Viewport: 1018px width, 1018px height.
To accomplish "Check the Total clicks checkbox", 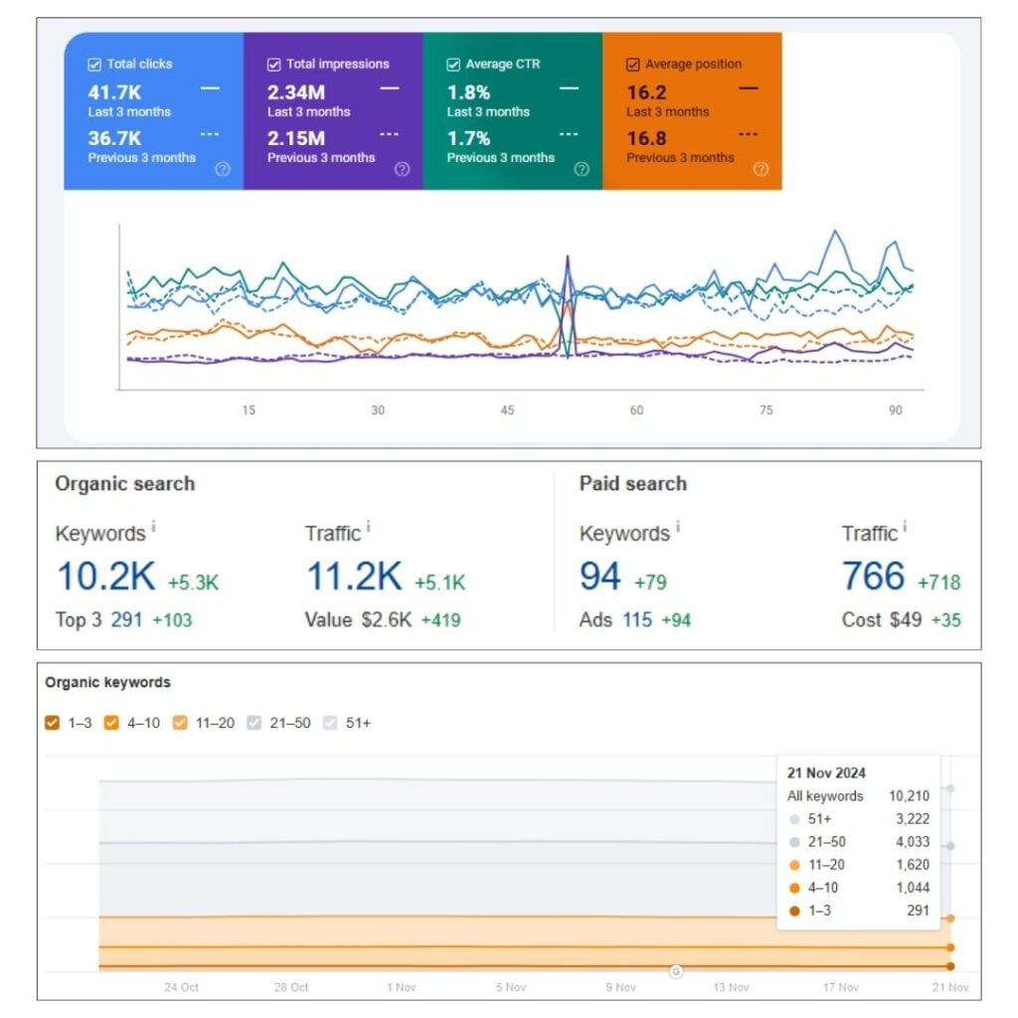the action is tap(94, 65).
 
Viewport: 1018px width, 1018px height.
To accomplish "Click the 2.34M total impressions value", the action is tap(296, 92).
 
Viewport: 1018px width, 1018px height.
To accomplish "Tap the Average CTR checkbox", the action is tap(453, 65).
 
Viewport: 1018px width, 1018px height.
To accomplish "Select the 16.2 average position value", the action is tap(646, 92).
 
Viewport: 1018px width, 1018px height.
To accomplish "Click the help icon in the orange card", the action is tap(761, 169).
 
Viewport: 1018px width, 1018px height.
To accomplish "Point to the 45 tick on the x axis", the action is tap(507, 411).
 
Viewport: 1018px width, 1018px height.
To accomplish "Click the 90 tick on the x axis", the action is tap(896, 411).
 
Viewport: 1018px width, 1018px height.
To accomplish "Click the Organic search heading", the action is tap(124, 484).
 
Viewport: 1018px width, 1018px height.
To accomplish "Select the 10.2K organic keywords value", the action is tap(106, 576).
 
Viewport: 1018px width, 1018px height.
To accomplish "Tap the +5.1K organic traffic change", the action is tap(440, 583).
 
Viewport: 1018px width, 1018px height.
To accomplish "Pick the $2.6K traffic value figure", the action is tap(387, 620).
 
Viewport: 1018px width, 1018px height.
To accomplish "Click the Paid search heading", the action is tap(633, 484).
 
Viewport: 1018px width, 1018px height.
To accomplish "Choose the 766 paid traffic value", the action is tap(873, 576).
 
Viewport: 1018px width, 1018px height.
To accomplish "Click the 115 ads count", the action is tap(637, 620).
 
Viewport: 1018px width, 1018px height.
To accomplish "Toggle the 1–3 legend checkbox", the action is tap(53, 723).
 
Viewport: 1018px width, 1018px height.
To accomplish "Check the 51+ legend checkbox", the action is tap(330, 723).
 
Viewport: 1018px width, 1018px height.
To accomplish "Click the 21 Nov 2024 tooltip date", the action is tap(826, 772).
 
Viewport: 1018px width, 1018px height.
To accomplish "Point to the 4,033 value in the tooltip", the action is tap(913, 842).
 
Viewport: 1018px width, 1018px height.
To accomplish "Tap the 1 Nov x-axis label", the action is tap(402, 987).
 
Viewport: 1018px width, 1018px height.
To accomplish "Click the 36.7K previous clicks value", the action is tap(114, 138).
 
